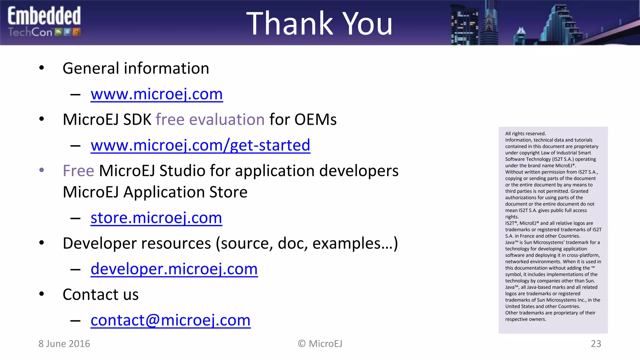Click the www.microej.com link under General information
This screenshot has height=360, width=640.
pyautogui.click(x=157, y=94)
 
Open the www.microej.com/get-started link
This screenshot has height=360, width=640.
pyautogui.click(x=200, y=145)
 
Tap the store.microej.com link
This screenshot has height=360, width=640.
pyautogui.click(x=156, y=218)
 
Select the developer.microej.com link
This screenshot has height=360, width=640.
pyautogui.click(x=174, y=269)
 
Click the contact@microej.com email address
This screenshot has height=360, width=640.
pyautogui.click(x=170, y=320)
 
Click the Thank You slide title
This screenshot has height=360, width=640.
pyautogui.click(x=319, y=23)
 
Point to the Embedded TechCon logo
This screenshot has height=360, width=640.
pyautogui.click(x=44, y=22)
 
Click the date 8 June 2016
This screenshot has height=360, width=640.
pyautogui.click(x=64, y=344)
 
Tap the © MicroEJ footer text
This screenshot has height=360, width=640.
pyautogui.click(x=320, y=344)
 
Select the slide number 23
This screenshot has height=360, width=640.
pyautogui.click(x=596, y=344)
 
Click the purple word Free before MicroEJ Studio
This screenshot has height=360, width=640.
pyautogui.click(x=78, y=171)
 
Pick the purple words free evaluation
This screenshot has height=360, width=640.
pyautogui.click(x=210, y=120)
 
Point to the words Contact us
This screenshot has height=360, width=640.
pyautogui.click(x=100, y=295)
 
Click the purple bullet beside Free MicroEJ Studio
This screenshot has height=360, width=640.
pyautogui.click(x=42, y=170)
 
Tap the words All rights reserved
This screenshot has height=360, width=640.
pyautogui.click(x=525, y=134)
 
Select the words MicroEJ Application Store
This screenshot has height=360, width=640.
pyautogui.click(x=155, y=192)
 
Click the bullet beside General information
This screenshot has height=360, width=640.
pyautogui.click(x=42, y=68)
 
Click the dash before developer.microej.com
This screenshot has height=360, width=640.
pyautogui.click(x=75, y=269)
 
